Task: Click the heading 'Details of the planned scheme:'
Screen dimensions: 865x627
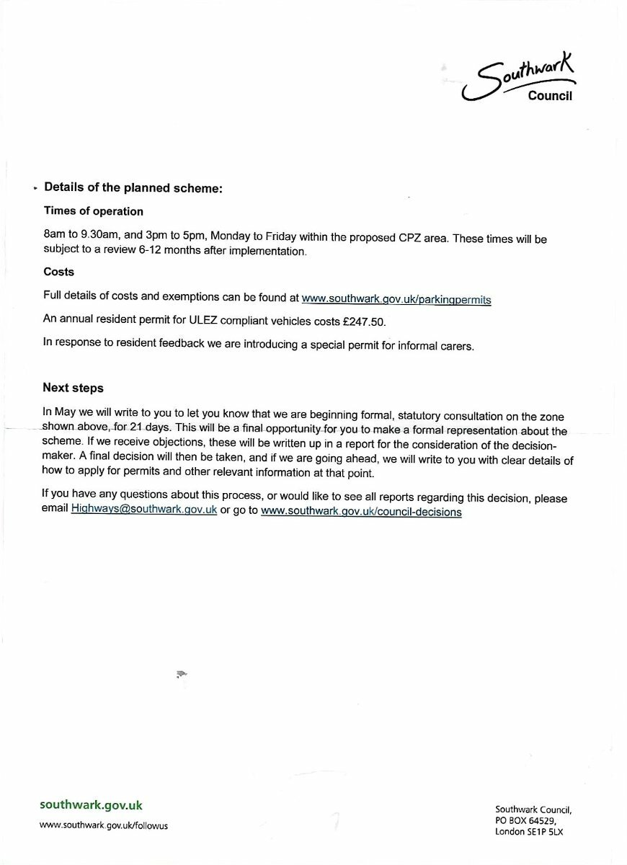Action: point(133,187)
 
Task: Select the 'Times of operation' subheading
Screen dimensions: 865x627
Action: point(94,211)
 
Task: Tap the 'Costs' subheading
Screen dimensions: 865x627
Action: point(58,272)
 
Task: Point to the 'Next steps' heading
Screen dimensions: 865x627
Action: point(74,388)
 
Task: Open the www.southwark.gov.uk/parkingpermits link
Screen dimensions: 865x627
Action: point(396,298)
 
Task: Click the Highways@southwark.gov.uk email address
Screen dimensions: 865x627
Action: point(144,511)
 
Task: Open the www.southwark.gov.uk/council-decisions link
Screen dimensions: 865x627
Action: point(361,511)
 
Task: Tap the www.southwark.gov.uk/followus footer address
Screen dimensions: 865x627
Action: point(104,825)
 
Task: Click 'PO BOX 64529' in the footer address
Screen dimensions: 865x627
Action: point(525,820)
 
